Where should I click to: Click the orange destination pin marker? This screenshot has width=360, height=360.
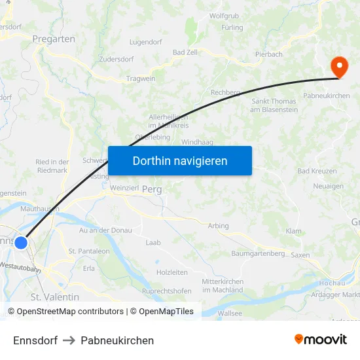[339, 67]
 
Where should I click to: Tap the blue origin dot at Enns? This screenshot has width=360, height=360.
[21, 243]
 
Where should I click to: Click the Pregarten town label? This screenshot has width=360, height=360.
[54, 39]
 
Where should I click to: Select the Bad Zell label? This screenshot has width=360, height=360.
[185, 52]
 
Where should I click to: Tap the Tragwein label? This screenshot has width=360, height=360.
[141, 79]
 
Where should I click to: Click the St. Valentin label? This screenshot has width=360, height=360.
[55, 297]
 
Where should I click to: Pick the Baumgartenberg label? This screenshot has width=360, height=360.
[258, 253]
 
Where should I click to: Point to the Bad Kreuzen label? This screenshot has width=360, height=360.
[317, 171]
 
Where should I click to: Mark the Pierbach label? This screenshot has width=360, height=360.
[268, 54]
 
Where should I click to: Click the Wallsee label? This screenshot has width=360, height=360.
[230, 314]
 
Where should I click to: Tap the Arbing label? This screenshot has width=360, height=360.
[219, 226]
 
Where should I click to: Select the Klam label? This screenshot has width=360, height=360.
[294, 232]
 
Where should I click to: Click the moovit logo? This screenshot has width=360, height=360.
[321, 339]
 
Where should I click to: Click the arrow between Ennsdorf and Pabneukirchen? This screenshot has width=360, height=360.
[69, 340]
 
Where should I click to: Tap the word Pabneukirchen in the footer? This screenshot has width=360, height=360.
[117, 340]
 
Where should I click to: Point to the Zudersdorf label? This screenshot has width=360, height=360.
[116, 59]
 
